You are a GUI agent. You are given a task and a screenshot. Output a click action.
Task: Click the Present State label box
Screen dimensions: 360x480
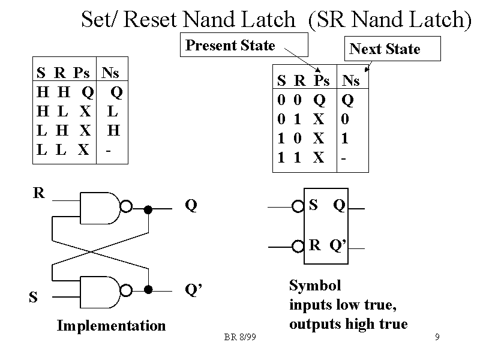pyautogui.click(x=244, y=46)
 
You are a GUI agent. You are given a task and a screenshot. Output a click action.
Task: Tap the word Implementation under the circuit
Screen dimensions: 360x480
pyautogui.click(x=111, y=326)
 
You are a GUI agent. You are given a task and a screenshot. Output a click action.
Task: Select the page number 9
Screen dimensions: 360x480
pyautogui.click(x=437, y=337)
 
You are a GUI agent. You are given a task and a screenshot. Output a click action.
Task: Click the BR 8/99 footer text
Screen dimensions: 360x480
pyautogui.click(x=240, y=337)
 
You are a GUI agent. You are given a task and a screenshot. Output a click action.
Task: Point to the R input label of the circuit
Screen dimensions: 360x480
pyautogui.click(x=38, y=193)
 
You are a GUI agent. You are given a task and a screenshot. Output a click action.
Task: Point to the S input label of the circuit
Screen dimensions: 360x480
pyautogui.click(x=33, y=296)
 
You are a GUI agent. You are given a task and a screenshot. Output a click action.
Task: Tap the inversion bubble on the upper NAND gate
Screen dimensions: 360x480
pyautogui.click(x=126, y=207)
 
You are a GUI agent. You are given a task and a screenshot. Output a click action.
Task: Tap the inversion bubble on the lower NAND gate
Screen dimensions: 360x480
pyautogui.click(x=126, y=290)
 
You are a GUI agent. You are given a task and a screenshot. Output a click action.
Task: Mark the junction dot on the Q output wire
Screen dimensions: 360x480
pyautogui.click(x=148, y=209)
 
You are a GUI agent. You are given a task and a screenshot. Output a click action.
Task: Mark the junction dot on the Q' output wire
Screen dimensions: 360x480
pyautogui.click(x=148, y=289)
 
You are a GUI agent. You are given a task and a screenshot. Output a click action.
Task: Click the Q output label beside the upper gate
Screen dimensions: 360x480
pyautogui.click(x=191, y=206)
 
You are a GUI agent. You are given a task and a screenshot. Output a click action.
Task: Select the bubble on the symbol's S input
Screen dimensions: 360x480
pyautogui.click(x=298, y=208)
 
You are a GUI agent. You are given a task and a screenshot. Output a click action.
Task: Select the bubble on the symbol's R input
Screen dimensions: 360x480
pyautogui.click(x=298, y=246)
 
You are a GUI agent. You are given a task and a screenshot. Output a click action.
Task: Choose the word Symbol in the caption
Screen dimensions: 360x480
pyautogui.click(x=314, y=285)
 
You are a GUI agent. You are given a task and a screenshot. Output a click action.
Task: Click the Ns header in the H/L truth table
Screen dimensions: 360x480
pyautogui.click(x=110, y=74)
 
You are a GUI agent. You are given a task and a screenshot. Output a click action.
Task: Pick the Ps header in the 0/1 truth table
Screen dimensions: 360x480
pyautogui.click(x=322, y=80)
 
